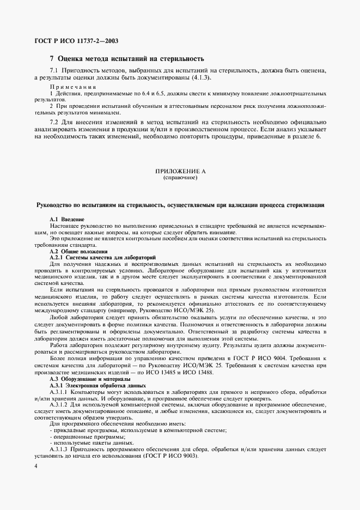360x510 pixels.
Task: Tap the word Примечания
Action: coord(73,87)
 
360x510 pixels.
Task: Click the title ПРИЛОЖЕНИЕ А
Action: coord(181,172)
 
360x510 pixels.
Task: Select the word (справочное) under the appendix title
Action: coord(181,178)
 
